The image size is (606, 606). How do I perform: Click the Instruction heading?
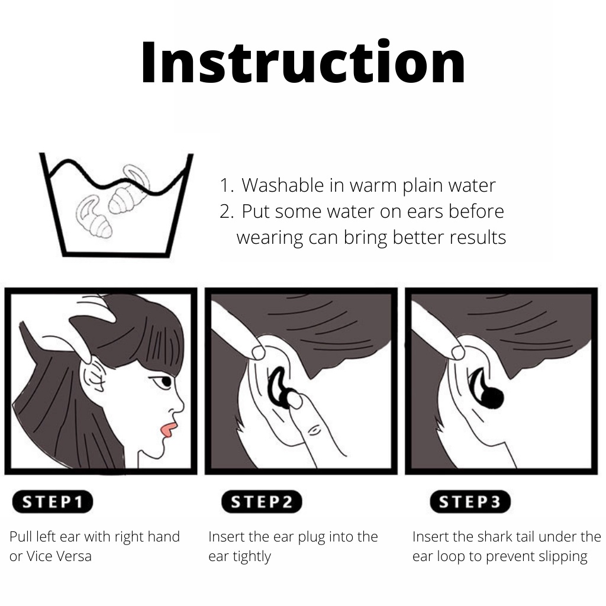tap(304, 62)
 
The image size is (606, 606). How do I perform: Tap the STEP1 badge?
tap(53, 502)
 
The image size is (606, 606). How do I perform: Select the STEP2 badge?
tap(262, 502)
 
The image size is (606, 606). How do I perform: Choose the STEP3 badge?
tap(470, 502)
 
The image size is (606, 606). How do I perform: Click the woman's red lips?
tap(167, 430)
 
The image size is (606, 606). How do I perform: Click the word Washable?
tap(282, 185)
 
